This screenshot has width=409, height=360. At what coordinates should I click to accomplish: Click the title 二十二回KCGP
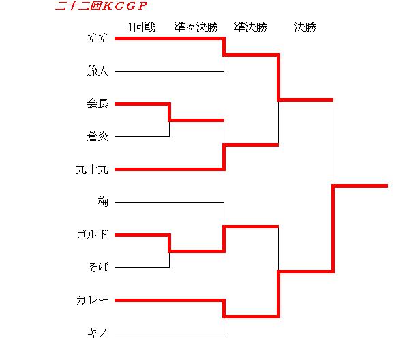101,5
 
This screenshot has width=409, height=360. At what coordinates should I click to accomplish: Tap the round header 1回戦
141,27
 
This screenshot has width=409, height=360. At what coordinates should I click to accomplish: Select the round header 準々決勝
196,27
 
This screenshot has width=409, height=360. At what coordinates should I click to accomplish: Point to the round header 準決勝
250,27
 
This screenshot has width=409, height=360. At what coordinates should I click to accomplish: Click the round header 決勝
305,27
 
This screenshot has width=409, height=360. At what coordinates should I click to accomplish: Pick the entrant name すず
97,38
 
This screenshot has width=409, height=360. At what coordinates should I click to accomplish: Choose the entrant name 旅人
97,71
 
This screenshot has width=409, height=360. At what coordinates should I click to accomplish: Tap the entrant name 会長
97,104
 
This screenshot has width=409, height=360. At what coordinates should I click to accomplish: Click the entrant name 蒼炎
97,136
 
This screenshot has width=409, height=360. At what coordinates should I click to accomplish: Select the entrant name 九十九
92,169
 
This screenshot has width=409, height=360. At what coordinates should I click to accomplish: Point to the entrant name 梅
103,202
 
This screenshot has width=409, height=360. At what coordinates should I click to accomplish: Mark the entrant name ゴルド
92,235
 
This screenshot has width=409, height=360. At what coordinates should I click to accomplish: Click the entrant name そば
97,267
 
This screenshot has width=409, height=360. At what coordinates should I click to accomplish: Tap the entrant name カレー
92,300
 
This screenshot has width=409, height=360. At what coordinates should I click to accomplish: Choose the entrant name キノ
97,333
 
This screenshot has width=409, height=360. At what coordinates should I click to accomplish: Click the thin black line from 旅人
169,71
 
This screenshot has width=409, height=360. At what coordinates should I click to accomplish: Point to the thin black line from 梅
169,202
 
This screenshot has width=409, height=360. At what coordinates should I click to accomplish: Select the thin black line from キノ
169,333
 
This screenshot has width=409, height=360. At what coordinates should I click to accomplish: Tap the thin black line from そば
142,267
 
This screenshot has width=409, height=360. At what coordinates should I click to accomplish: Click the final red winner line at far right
361,185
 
